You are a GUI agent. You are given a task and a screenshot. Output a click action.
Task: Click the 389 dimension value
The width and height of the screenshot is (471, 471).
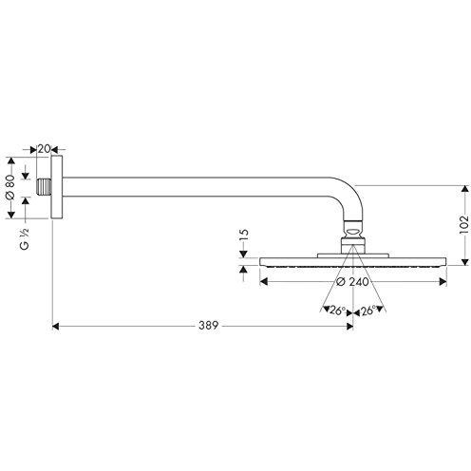209,326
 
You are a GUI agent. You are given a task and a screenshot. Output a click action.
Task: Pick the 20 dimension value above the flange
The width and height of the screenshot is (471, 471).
45,149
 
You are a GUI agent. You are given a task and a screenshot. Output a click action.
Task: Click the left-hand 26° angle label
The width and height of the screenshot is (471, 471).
334,310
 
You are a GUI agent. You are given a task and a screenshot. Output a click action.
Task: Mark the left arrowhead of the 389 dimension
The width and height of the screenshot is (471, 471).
55,326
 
